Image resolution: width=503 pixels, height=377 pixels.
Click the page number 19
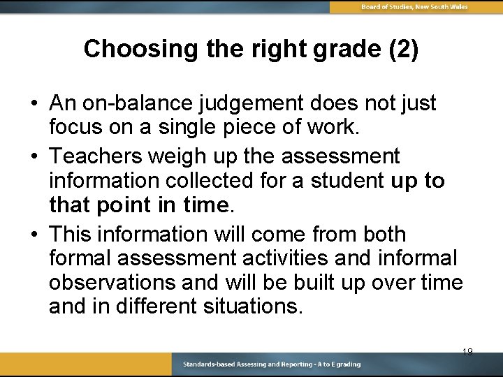click(467, 351)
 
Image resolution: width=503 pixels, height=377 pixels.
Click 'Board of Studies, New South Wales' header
click(414, 7)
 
